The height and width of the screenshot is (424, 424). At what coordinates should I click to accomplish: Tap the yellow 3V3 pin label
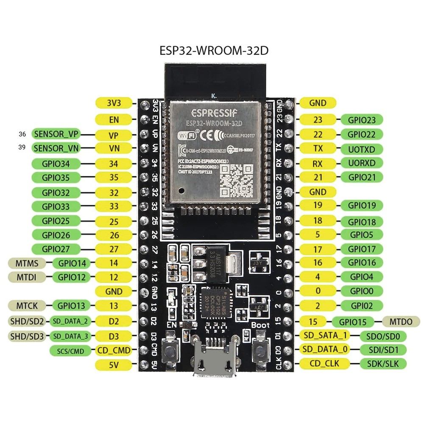[x=114, y=103]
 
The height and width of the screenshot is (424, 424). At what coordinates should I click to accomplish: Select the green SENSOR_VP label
[x=56, y=134]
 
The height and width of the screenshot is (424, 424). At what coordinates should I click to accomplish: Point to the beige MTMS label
[x=28, y=263]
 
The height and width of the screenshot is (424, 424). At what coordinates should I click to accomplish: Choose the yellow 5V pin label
[x=114, y=364]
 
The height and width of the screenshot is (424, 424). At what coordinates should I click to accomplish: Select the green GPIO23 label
[x=361, y=120]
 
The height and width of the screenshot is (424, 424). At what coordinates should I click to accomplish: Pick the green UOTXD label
[x=361, y=149]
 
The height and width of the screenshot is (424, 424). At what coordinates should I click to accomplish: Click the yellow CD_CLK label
[x=325, y=363]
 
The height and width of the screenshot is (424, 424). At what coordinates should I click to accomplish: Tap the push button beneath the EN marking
[x=172, y=350]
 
